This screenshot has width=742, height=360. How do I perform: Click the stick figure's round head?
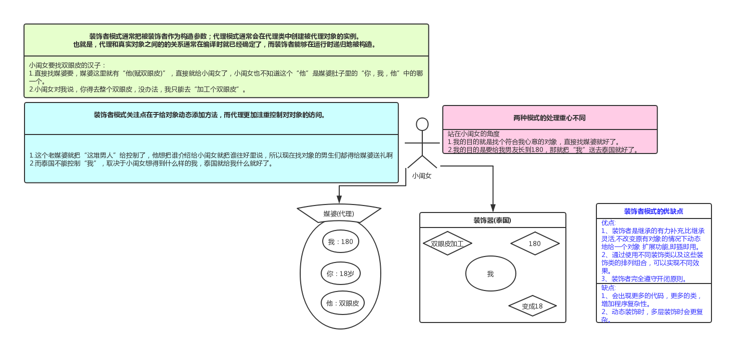point(422,124)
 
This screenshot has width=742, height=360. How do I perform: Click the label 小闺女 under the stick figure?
point(422,176)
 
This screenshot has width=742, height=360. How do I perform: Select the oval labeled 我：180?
point(340,242)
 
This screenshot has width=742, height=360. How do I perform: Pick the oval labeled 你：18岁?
point(340,274)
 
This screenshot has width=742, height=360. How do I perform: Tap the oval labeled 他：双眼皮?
point(343,303)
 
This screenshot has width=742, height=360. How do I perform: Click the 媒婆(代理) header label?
point(339,214)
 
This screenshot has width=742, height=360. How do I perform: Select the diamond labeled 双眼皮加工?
point(447,244)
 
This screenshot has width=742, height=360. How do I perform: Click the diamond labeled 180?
point(534,243)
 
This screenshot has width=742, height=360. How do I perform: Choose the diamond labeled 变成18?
point(532,306)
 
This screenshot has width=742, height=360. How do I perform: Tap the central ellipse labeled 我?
point(490,274)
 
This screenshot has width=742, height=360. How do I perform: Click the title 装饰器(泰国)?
point(492,220)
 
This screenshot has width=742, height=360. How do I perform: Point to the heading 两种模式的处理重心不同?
point(549,118)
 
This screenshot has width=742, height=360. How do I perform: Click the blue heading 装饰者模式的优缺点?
point(653,211)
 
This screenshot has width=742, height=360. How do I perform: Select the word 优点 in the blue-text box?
point(608,223)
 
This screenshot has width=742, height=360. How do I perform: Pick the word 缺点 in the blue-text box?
point(608,287)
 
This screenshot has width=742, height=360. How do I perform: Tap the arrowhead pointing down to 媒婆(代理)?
point(339,201)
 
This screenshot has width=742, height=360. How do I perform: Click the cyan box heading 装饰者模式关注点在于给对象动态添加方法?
point(210,115)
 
